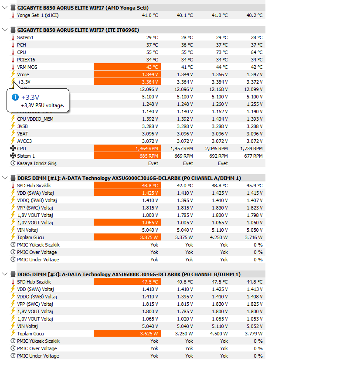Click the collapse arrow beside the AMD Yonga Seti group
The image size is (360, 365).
click(5, 7)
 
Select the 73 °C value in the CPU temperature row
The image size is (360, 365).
click(222, 52)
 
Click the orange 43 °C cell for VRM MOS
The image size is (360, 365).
click(127, 67)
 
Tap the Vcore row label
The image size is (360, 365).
click(23, 74)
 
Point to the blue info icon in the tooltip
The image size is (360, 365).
click(15, 97)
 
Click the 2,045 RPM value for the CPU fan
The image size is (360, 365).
click(216, 149)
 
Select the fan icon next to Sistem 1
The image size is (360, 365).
click(13, 156)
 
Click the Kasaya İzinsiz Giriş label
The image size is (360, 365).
click(37, 163)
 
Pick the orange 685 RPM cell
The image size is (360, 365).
click(127, 156)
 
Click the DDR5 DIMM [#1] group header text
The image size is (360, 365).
click(129, 178)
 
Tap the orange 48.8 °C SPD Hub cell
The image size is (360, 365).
click(127, 186)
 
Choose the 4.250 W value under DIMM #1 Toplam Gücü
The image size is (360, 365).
click(219, 237)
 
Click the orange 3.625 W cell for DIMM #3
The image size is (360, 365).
click(127, 334)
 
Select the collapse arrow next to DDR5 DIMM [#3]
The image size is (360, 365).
click(5, 274)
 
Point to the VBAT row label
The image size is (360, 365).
click(23, 134)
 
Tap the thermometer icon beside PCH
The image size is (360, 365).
click(13, 45)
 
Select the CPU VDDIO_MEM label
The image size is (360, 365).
click(35, 119)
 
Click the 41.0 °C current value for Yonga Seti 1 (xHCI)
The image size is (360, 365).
click(150, 15)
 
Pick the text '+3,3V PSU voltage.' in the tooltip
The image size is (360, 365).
click(42, 105)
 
